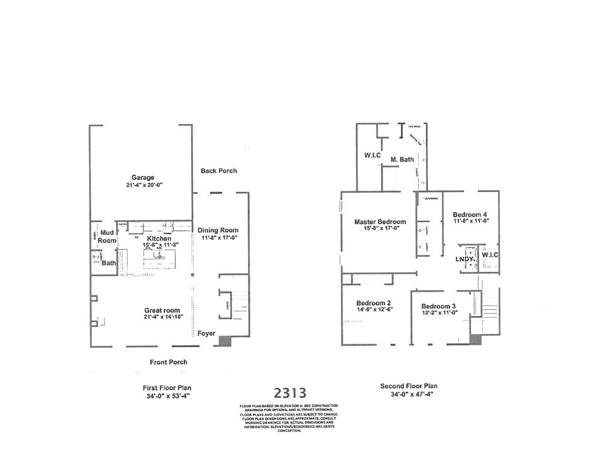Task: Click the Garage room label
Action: point(143,178)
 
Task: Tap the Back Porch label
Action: point(218,171)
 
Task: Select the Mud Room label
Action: point(107,236)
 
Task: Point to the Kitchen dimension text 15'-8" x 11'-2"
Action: point(159,246)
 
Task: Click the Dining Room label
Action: point(218,230)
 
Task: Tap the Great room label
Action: point(162,311)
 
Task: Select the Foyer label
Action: point(206,333)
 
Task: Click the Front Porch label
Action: point(168,362)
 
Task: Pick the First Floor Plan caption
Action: point(167,388)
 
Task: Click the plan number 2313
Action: point(290,393)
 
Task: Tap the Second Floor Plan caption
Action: point(408,386)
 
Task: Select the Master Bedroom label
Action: point(380,221)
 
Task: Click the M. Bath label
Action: point(402,159)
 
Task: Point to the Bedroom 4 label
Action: point(470,215)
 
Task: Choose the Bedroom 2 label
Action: point(374,303)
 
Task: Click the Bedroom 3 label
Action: point(439,306)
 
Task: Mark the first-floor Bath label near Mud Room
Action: point(108,263)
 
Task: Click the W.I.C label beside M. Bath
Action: point(372,155)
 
